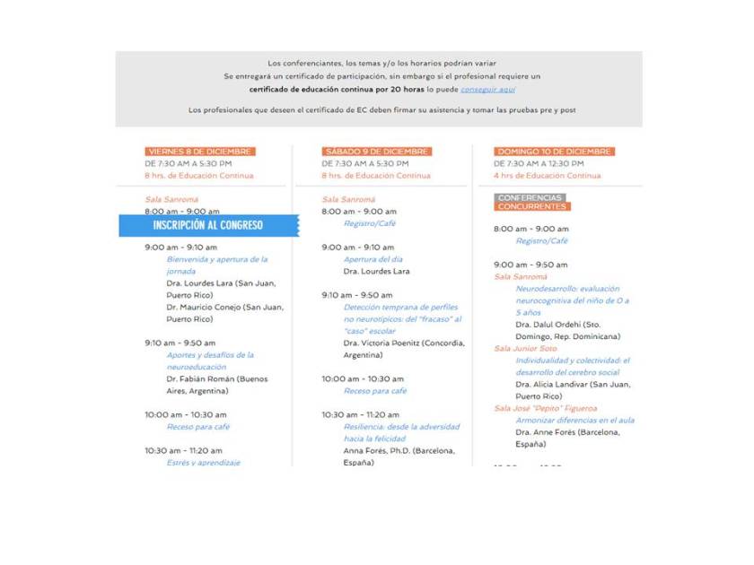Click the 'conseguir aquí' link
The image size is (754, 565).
487,90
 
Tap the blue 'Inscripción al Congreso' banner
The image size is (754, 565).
208,225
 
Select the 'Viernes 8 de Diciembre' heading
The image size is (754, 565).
200,152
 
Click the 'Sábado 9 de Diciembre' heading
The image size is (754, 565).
377,152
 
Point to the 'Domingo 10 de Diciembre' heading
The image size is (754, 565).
554,152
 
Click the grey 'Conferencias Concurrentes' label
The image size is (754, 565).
531,202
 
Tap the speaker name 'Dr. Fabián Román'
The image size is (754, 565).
216,379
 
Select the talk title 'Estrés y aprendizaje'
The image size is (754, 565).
203,463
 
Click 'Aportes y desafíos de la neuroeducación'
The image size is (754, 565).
210,361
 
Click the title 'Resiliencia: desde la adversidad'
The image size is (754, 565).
401,427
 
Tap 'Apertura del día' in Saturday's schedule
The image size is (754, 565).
373,259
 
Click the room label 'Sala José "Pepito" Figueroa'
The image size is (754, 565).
545,408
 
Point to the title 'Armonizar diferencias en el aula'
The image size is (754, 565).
574,420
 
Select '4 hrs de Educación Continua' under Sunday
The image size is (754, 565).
547,176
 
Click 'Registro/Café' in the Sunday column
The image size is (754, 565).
541,241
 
